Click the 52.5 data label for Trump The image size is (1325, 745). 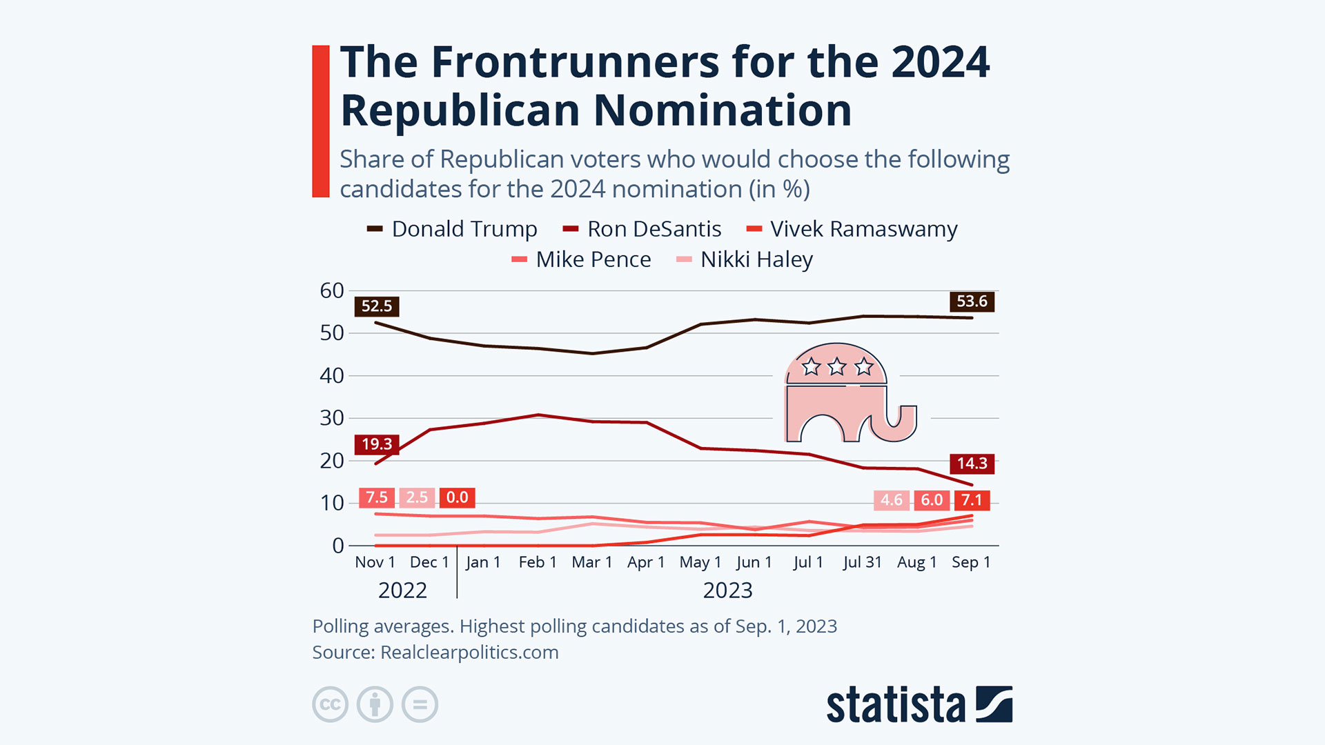[x=377, y=306]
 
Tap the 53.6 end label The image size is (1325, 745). [x=972, y=301]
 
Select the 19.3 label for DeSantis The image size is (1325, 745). [x=377, y=444]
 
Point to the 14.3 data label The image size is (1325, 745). [x=972, y=464]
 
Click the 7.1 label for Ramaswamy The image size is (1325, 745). [x=972, y=500]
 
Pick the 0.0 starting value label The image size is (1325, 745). [x=457, y=497]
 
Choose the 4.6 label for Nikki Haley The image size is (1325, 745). [x=892, y=500]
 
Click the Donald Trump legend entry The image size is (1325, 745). [x=464, y=229]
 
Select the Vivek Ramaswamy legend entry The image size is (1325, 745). [x=863, y=229]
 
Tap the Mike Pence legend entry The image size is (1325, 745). [x=593, y=259]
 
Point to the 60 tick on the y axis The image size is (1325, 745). [x=332, y=291]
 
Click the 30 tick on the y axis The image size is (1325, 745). [x=332, y=418]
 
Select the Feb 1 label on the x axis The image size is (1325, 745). [x=538, y=562]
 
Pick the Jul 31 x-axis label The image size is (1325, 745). [x=863, y=562]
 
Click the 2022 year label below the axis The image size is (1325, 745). [x=402, y=590]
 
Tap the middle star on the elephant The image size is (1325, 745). [x=837, y=366]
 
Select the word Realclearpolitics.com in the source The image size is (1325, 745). [x=469, y=653]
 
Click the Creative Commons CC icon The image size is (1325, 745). [x=331, y=704]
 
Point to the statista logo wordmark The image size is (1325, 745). [x=895, y=705]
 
